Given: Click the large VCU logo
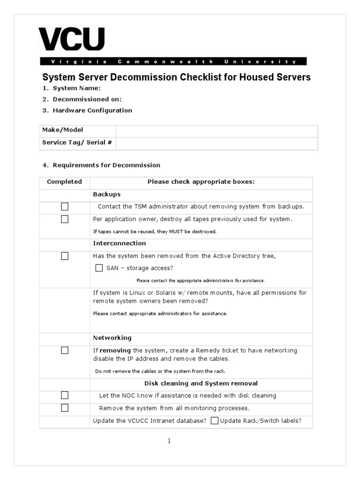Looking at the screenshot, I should point(71,39).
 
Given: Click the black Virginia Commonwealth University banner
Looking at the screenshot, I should point(173,61).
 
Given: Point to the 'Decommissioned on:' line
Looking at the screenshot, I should point(87,99).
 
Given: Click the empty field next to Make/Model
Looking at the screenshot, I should point(217,130).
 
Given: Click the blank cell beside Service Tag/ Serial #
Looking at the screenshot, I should point(217,142).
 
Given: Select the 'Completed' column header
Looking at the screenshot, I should point(65,182).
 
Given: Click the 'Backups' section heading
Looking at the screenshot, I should point(106,194).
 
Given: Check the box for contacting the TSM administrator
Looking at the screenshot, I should point(65,207).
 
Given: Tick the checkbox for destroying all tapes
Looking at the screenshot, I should point(65,219).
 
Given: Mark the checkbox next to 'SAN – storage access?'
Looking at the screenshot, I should point(99,268).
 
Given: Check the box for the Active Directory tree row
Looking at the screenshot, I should point(65,256).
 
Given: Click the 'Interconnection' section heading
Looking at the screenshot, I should point(119,243).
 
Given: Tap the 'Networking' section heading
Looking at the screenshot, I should point(112,338).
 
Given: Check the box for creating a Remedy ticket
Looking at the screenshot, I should point(65,351).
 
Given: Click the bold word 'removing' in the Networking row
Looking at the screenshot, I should point(115,351).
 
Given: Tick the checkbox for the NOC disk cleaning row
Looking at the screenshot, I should point(65,395).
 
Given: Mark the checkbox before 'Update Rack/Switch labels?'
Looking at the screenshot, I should point(215,421).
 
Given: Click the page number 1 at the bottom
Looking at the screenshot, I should point(169,441).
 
